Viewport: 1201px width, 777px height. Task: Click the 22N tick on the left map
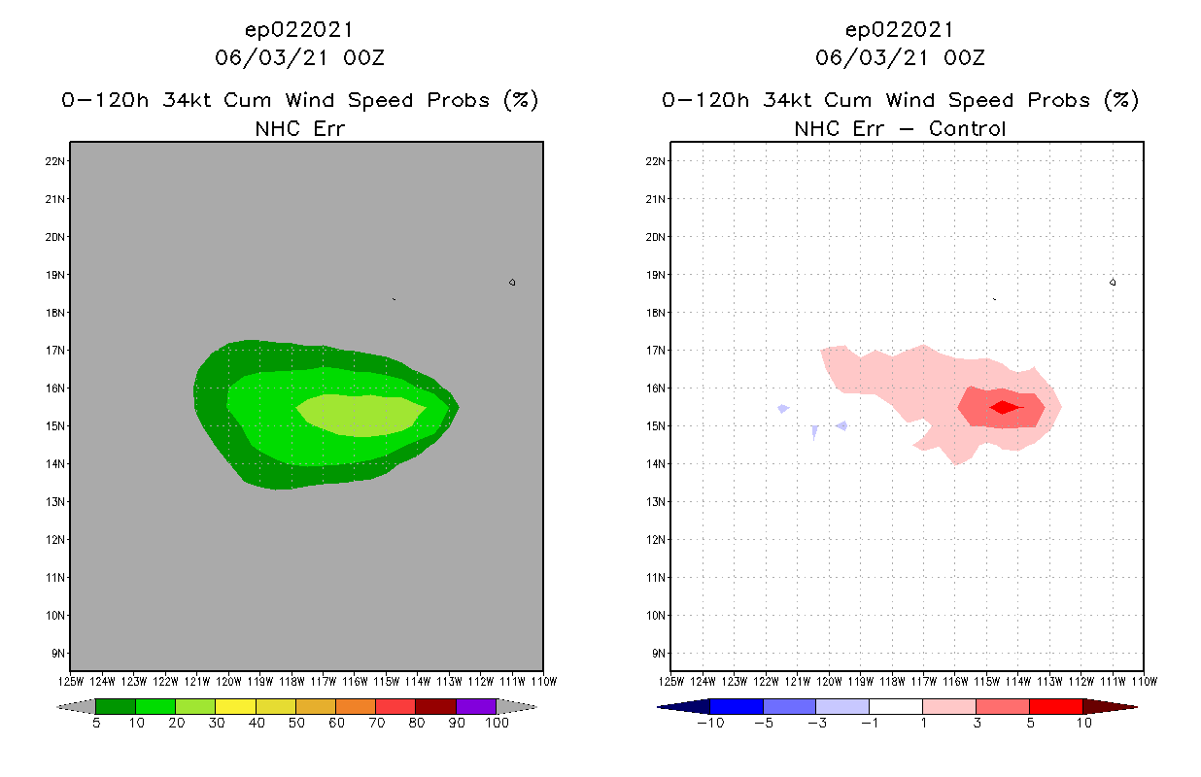coord(55,161)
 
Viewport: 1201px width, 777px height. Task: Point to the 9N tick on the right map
coord(657,653)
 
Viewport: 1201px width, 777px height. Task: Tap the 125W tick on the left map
coord(70,681)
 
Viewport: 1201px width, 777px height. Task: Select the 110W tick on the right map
coord(1143,681)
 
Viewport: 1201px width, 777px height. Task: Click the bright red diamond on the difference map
coord(1004,407)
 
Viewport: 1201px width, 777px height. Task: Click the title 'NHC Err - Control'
coord(900,128)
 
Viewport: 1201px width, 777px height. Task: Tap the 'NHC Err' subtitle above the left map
coord(299,128)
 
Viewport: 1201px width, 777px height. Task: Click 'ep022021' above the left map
coord(299,30)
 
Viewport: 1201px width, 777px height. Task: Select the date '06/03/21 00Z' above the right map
coord(900,58)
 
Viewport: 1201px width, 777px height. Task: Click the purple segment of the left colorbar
coord(476,706)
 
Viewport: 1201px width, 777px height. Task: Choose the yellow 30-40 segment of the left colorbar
coord(235,706)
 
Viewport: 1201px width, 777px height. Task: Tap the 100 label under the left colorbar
coord(497,724)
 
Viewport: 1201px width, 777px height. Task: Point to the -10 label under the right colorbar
coord(710,724)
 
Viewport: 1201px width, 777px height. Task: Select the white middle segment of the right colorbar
coord(895,706)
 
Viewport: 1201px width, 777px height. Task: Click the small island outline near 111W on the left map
coord(512,283)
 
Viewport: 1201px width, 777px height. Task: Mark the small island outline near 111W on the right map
coord(1113,283)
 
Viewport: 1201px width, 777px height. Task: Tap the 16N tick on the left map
coord(55,388)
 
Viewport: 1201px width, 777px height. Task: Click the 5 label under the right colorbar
coord(1030,724)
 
